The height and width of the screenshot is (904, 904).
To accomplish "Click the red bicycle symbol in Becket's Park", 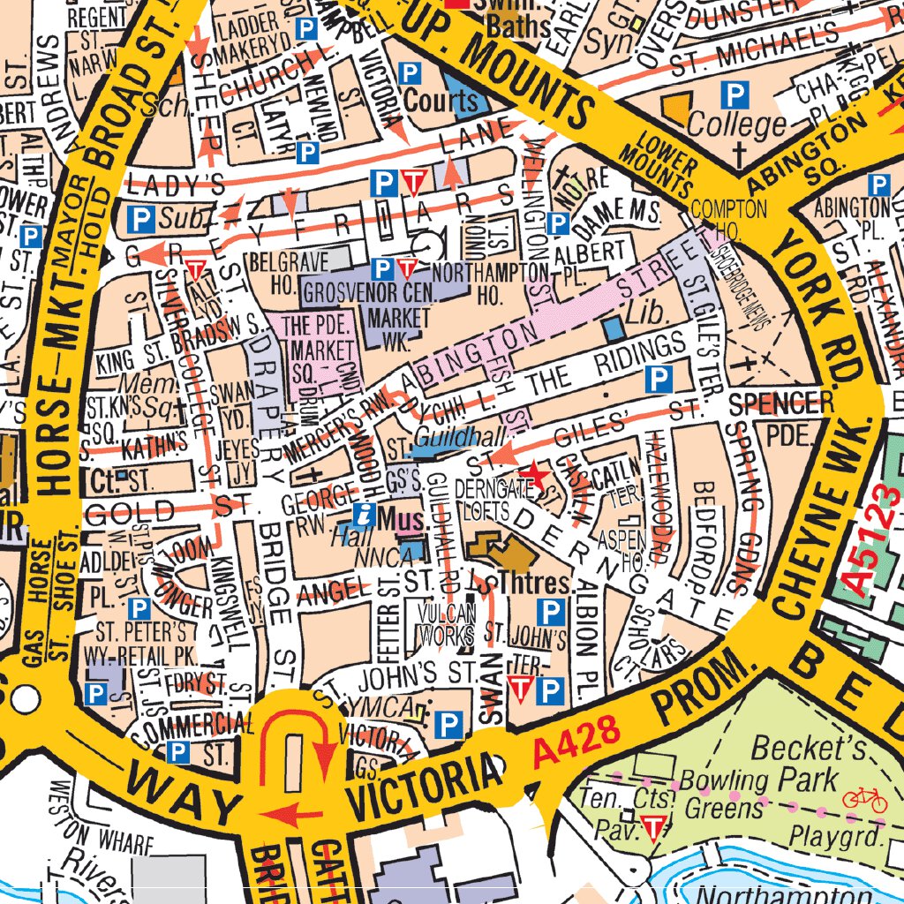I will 863,800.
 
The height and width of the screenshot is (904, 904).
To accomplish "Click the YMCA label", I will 372,706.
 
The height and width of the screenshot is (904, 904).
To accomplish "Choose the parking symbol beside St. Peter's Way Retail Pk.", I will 139,607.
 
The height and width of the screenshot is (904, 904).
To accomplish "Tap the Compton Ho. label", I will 729,219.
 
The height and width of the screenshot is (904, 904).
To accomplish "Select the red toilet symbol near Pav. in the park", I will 652,828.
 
